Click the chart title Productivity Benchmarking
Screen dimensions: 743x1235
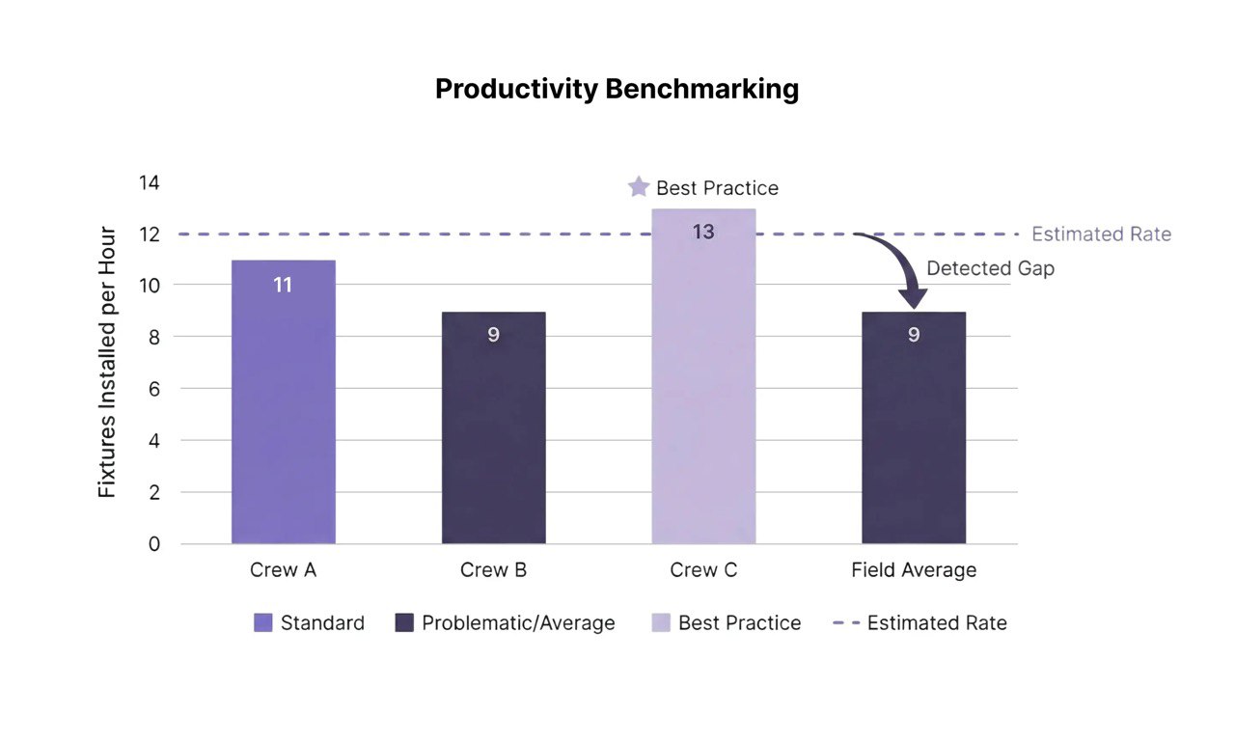pyautogui.click(x=617, y=89)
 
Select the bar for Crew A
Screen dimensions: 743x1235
pyautogui.click(x=283, y=415)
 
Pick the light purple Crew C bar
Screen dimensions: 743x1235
pyautogui.click(x=703, y=386)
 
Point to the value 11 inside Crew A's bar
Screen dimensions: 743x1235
pyautogui.click(x=283, y=286)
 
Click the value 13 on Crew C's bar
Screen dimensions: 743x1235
pyautogui.click(x=703, y=233)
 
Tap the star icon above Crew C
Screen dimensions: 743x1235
pyautogui.click(x=638, y=187)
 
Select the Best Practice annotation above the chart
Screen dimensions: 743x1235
pyautogui.click(x=717, y=188)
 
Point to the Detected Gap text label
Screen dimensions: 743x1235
pyautogui.click(x=990, y=269)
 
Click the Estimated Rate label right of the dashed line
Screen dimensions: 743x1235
pyautogui.click(x=1101, y=234)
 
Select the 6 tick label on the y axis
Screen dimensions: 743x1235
pyautogui.click(x=153, y=389)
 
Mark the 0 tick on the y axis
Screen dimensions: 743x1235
pyautogui.click(x=153, y=544)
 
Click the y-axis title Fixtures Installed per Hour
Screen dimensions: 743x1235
pyautogui.click(x=108, y=362)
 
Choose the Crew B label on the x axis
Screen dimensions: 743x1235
pyautogui.click(x=493, y=570)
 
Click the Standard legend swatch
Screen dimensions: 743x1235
pyautogui.click(x=263, y=623)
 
